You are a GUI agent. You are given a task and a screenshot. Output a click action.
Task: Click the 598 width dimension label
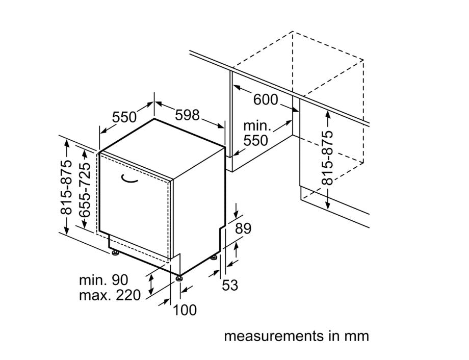(187, 115)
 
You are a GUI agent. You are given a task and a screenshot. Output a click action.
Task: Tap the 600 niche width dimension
(266, 99)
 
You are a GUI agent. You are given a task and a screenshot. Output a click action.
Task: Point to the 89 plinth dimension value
(243, 228)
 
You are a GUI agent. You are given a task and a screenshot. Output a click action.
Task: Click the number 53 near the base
(230, 285)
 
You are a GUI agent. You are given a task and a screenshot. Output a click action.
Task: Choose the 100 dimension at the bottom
(185, 310)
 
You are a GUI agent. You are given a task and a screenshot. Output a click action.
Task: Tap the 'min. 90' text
(103, 279)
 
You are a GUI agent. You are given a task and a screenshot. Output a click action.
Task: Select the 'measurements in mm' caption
(296, 337)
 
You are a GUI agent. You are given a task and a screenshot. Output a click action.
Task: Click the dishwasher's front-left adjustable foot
(115, 252)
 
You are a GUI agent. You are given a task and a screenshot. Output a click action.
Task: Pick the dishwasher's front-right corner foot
(179, 278)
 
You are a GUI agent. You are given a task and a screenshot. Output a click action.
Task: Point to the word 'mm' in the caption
(357, 337)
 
